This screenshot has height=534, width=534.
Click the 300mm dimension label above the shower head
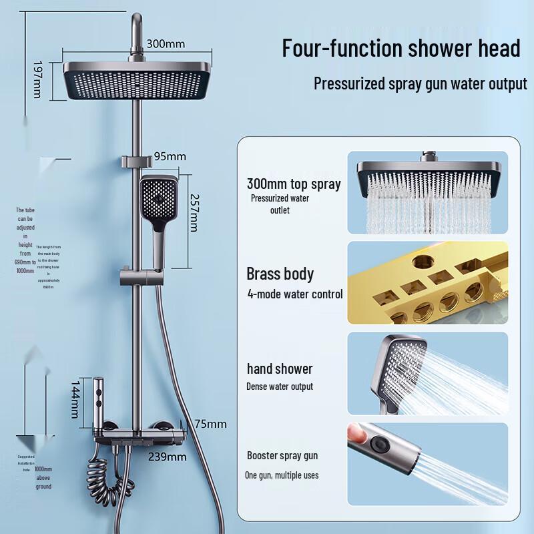point(166,44)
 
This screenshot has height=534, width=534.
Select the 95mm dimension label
point(170,157)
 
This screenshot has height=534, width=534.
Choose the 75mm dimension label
point(210,424)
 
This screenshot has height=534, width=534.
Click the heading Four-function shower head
point(400,49)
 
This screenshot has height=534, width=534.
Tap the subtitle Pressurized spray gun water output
point(421,84)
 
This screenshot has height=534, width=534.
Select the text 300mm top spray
point(294,184)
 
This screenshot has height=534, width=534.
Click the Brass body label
point(280,274)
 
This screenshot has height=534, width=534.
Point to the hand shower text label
point(280,368)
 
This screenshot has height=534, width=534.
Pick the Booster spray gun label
point(282,456)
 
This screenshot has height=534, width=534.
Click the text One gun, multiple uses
point(282,475)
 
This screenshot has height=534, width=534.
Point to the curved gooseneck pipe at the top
point(138,27)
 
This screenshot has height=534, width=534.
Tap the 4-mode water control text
point(295,294)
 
